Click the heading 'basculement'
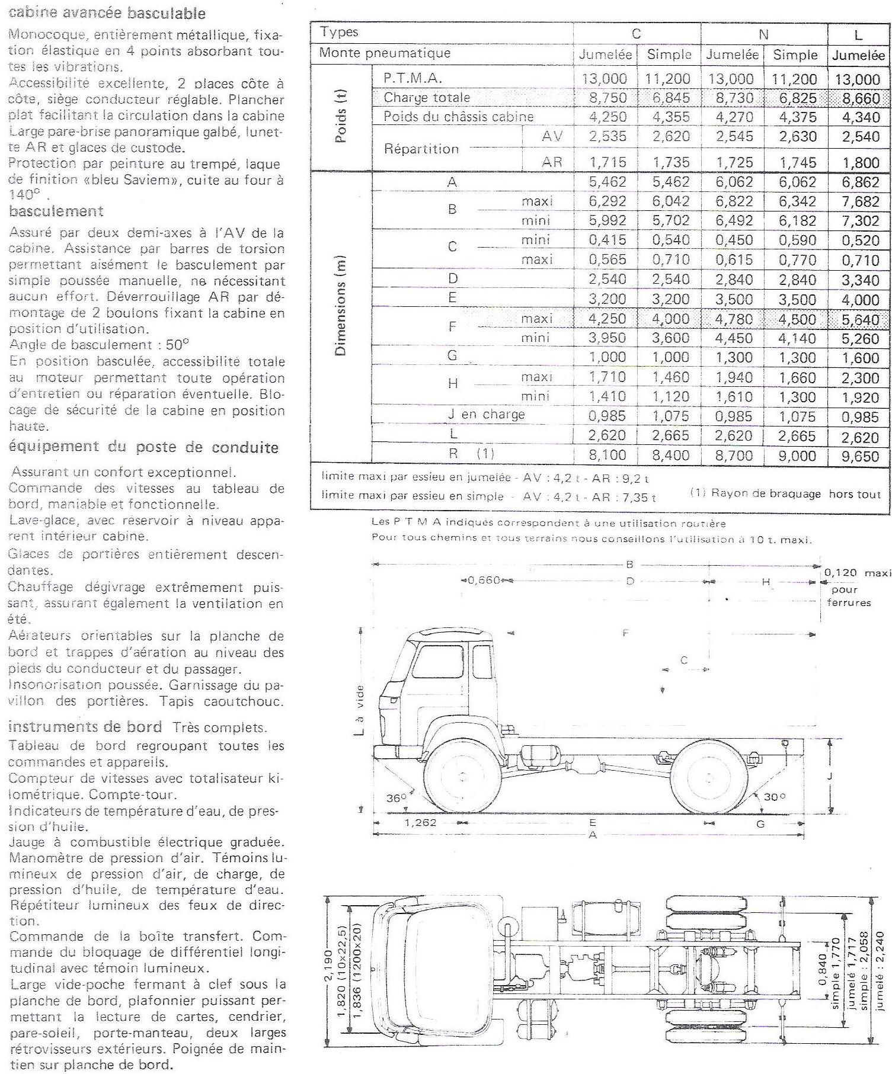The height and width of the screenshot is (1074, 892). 56,211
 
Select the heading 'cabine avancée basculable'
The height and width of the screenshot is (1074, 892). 107,13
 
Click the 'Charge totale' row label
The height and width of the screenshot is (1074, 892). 427,97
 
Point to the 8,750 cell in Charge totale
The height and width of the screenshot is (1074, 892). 608,98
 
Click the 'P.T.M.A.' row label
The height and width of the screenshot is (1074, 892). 413,78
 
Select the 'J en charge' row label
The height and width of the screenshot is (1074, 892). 486,415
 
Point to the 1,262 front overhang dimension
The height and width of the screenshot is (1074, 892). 420,823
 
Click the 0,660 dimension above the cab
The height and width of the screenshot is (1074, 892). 484,579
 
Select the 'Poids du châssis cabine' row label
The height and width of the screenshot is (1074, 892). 458,117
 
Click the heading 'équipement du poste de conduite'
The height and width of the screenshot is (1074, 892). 143,447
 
